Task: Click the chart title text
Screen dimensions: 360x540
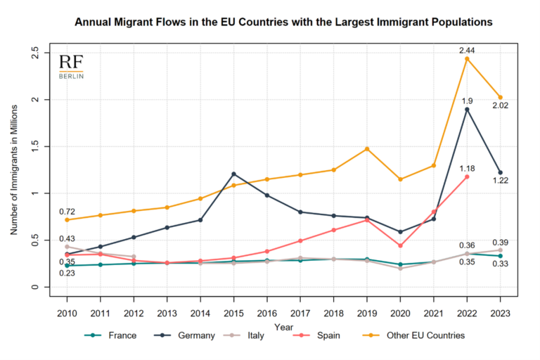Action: coord(283,22)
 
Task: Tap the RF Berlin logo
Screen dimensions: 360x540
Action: coord(71,66)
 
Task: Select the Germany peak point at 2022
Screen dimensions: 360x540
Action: coord(467,109)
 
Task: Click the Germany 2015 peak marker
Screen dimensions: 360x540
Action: coord(233,174)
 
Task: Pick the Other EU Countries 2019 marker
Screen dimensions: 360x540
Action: coord(367,148)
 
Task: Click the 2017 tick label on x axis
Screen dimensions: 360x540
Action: coord(300,312)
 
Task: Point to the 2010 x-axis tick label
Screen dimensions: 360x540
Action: coord(67,312)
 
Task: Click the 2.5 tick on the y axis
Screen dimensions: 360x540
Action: coord(35,53)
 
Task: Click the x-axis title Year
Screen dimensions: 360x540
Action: coord(284,327)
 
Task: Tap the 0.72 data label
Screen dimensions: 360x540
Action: coord(67,211)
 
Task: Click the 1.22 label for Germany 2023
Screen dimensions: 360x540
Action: coord(501,181)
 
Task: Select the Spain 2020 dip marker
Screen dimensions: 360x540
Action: coord(400,245)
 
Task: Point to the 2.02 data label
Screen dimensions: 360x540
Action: coord(501,106)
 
